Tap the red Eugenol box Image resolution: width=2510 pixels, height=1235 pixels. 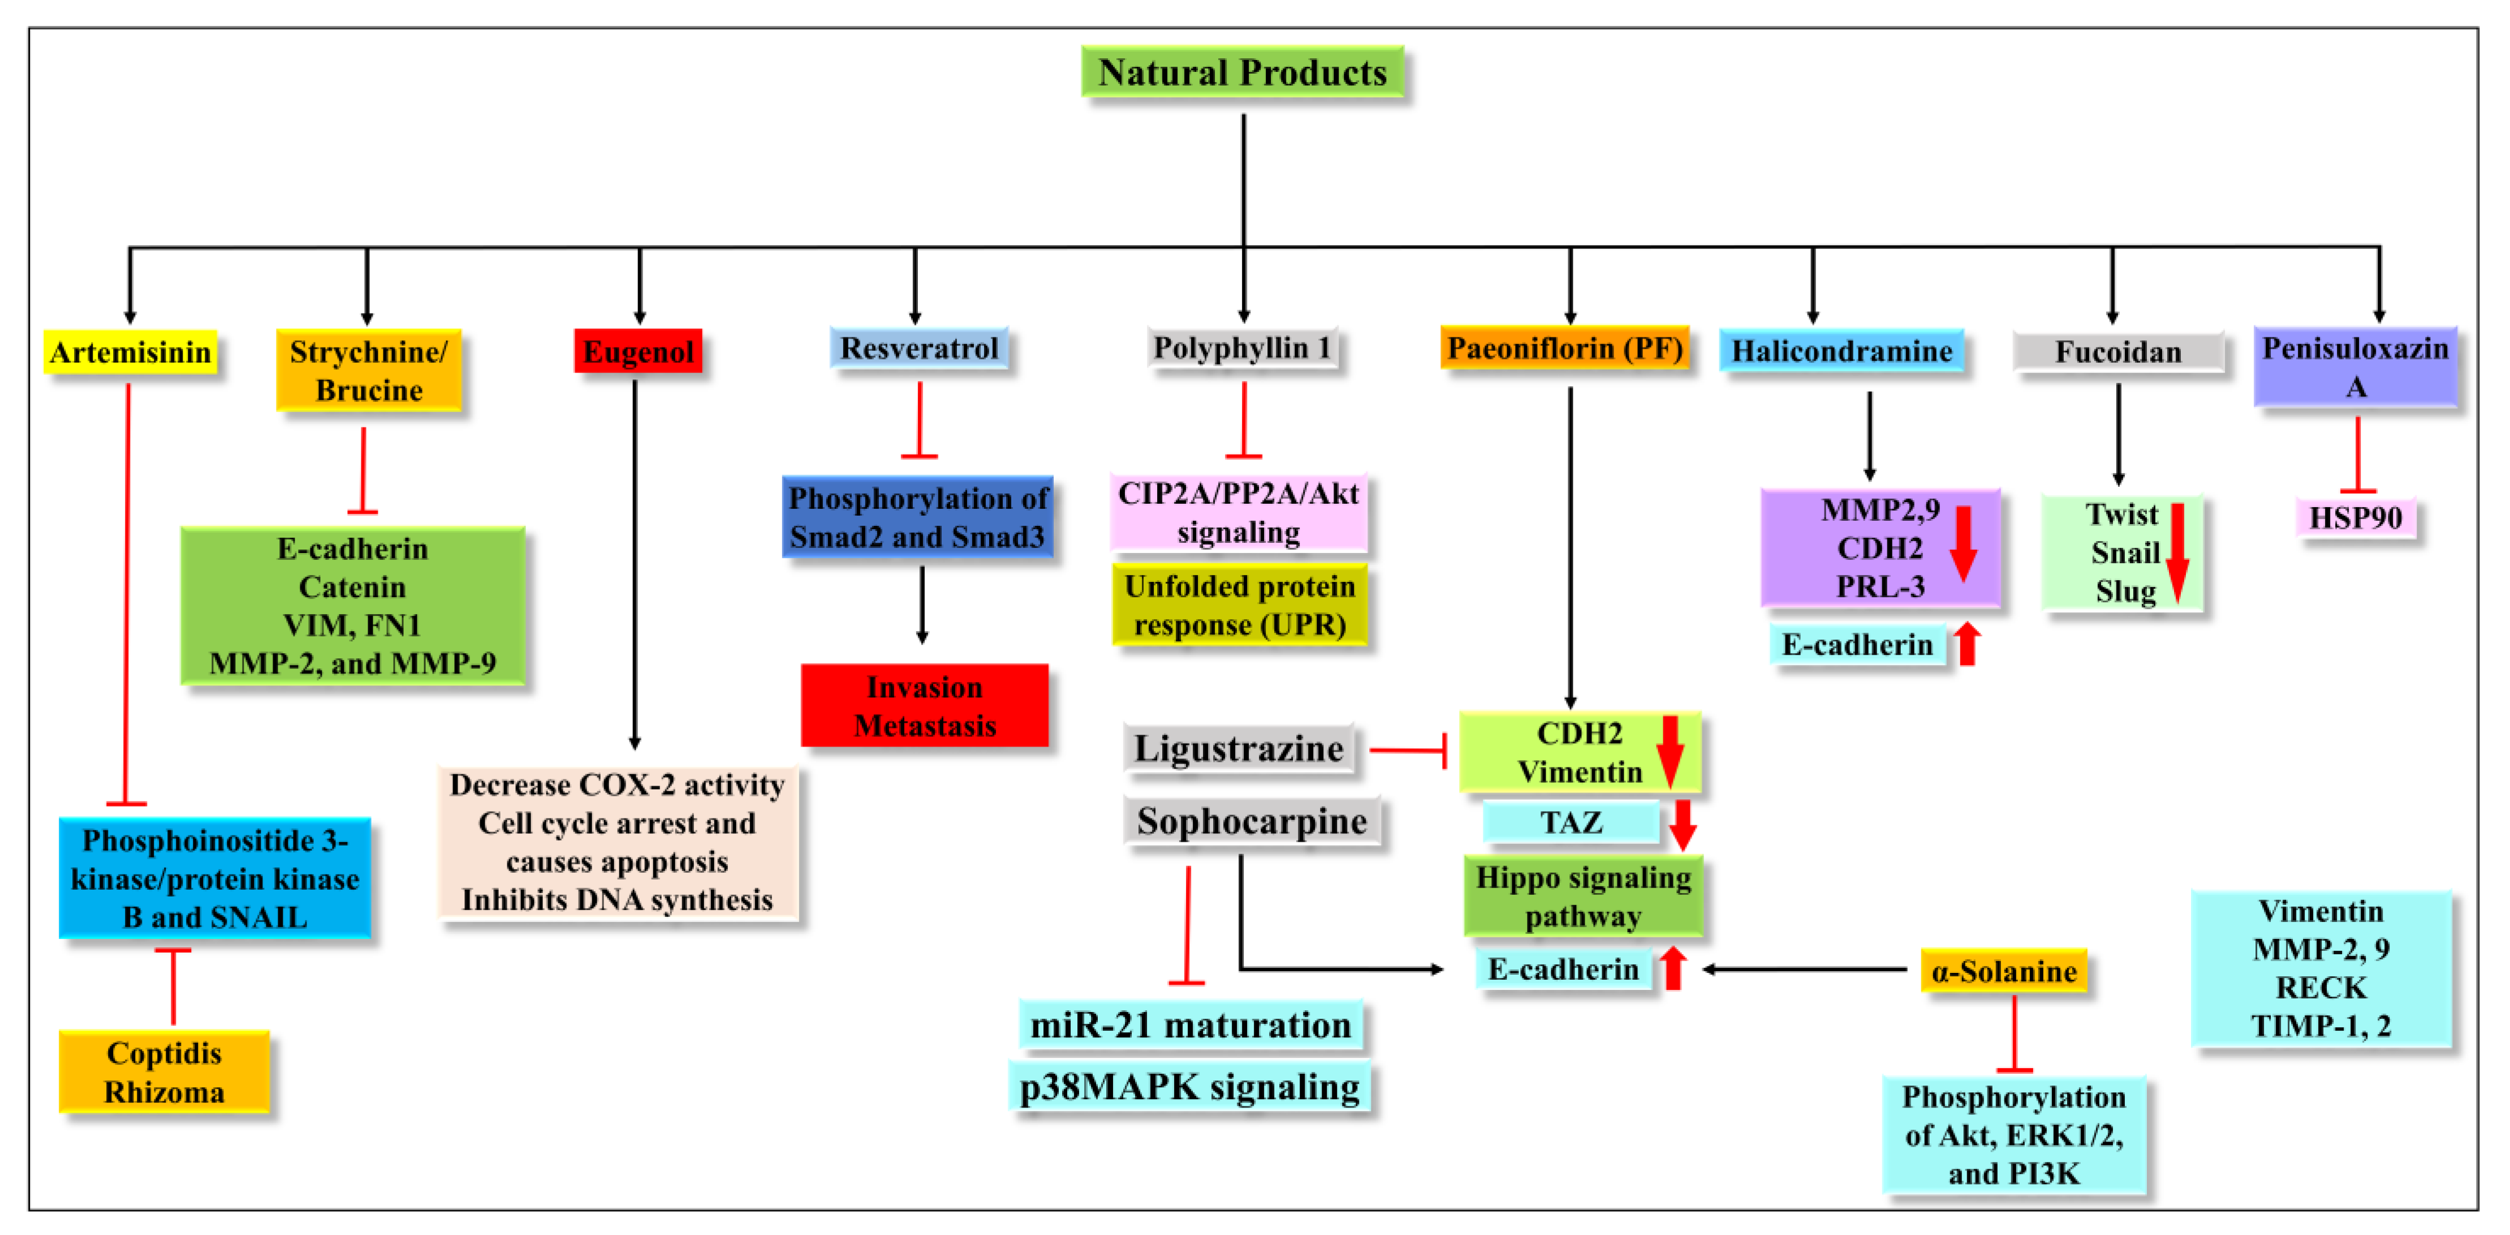[638, 351]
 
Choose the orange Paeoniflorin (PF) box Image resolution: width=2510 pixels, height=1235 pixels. [1564, 348]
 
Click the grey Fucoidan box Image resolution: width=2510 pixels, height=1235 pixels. [2117, 352]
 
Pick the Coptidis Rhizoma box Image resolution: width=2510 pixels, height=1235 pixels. [163, 1072]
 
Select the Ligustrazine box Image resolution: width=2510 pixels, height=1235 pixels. [1237, 749]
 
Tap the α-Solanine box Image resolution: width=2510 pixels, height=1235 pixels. [2003, 971]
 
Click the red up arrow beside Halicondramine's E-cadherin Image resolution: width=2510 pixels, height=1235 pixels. [1967, 644]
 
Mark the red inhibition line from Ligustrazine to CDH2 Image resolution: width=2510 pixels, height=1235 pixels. [1407, 751]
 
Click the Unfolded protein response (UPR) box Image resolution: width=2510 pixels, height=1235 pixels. [1239, 605]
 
